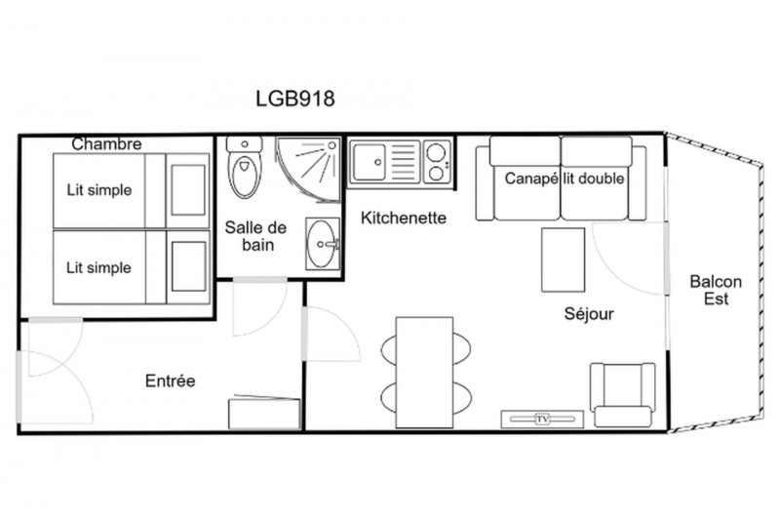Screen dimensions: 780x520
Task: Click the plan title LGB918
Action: click(x=295, y=99)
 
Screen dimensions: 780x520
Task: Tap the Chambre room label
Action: click(x=106, y=143)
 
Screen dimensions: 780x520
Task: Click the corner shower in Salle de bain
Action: click(x=308, y=169)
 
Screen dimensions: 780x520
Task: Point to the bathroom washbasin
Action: click(x=323, y=244)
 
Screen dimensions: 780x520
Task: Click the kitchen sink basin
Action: click(x=369, y=162)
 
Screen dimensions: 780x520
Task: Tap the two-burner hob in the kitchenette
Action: click(x=437, y=161)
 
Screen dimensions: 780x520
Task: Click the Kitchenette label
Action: click(x=404, y=218)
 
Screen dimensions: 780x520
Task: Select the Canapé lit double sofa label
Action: click(x=565, y=179)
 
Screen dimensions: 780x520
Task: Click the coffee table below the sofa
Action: click(x=564, y=260)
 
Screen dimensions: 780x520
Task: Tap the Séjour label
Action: click(x=589, y=314)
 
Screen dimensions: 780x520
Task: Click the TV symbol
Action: click(x=542, y=419)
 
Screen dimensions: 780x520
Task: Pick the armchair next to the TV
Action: click(x=622, y=394)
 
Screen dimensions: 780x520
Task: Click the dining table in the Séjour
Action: click(x=424, y=373)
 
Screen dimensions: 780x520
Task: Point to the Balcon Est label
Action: click(x=716, y=290)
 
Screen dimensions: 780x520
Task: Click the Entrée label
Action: click(x=170, y=381)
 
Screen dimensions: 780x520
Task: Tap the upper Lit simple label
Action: click(x=99, y=190)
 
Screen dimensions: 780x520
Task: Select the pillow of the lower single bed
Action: click(x=188, y=266)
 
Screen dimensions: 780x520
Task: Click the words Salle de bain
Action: click(x=255, y=236)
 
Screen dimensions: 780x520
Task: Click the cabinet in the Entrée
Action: click(x=264, y=413)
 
